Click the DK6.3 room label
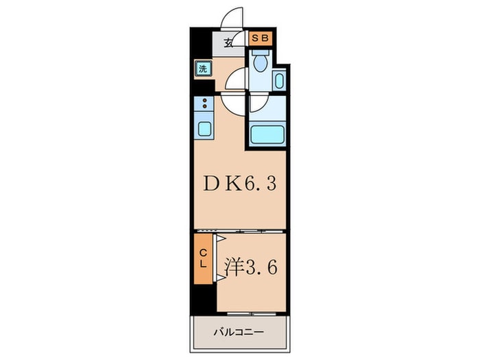[x=240, y=184]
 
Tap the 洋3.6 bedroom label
[x=251, y=267]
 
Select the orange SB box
[x=260, y=38]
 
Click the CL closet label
[x=203, y=259]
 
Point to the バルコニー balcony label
[x=239, y=332]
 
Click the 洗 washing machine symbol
[x=203, y=69]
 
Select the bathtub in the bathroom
[x=267, y=134]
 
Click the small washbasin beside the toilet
[x=279, y=81]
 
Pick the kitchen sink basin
[x=204, y=129]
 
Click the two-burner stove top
[x=204, y=104]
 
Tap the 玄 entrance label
[x=228, y=43]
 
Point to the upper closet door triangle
[x=221, y=239]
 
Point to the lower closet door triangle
[x=221, y=278]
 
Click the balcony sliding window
[x=252, y=314]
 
